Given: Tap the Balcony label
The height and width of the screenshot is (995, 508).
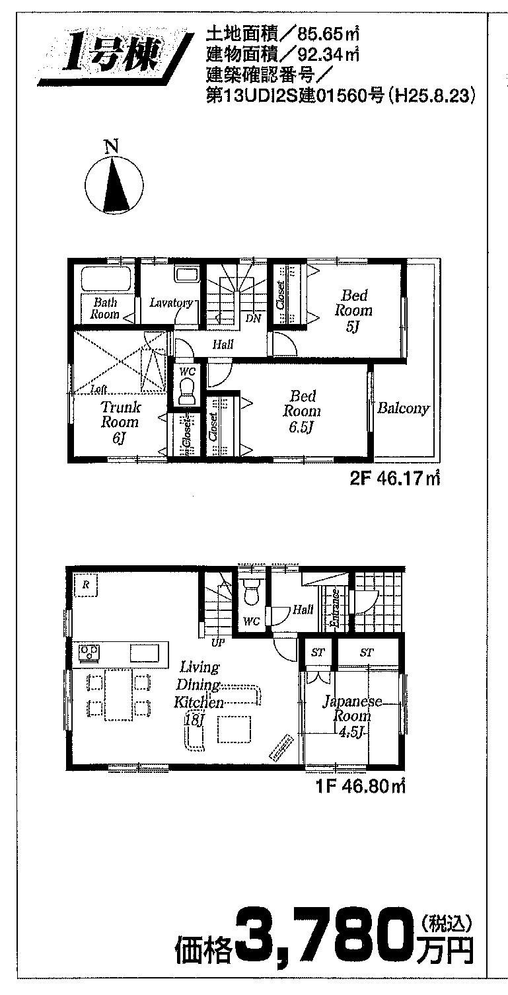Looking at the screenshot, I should click(403, 409).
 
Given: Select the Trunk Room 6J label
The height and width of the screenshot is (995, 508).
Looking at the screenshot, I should click(120, 422).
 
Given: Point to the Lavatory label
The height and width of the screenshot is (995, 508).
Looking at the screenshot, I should click(170, 303).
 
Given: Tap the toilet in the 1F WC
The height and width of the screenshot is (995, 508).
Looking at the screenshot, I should click(251, 592).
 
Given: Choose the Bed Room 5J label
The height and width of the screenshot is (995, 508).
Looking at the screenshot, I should click(353, 310).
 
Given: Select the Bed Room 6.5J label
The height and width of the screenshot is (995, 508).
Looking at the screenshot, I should click(303, 411).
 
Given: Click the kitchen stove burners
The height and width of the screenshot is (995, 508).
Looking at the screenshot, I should click(89, 653).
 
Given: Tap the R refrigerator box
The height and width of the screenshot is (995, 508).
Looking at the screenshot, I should click(86, 584).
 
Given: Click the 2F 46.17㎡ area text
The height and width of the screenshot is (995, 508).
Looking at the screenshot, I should click(396, 479).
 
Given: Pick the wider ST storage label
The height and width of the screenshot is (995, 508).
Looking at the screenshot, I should click(367, 653).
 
